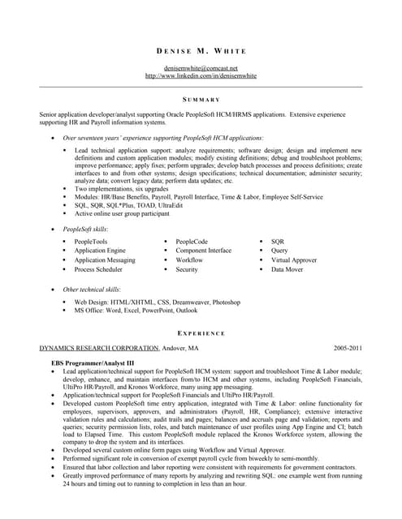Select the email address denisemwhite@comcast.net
(x=201, y=68)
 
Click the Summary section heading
(x=201, y=99)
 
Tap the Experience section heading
(x=201, y=333)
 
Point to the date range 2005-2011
(x=348, y=348)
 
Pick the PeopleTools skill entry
(x=90, y=242)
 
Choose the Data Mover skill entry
(x=287, y=269)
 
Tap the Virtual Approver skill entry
(x=294, y=260)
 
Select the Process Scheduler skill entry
(x=99, y=269)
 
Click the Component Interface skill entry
(x=203, y=251)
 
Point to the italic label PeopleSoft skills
(x=85, y=229)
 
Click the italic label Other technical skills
(x=92, y=289)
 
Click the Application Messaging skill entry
(x=105, y=260)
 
